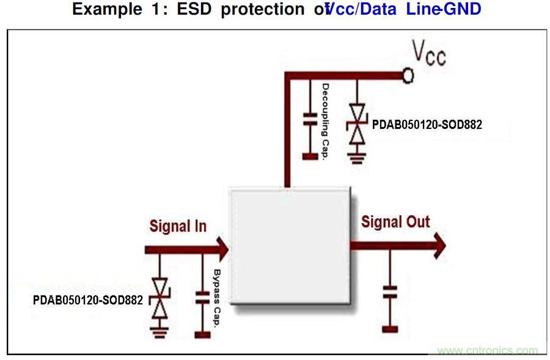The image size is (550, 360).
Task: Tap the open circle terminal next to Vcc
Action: coord(408,75)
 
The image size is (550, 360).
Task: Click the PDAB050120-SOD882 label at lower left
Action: coord(88,300)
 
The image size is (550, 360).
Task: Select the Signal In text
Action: coord(178,226)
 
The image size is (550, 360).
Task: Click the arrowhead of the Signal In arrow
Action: coord(221,249)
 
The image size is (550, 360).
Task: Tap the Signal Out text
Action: coord(395,222)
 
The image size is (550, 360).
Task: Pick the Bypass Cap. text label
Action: coord(216,299)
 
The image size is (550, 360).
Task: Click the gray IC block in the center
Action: coord(290,244)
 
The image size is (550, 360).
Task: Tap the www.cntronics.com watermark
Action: coord(488,351)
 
